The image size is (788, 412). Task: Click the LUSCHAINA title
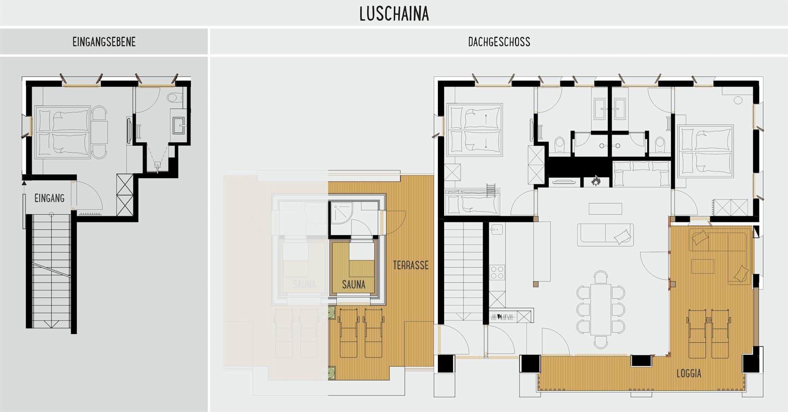(x=394, y=14)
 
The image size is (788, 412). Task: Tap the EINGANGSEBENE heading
(x=104, y=42)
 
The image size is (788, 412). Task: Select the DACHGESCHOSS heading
(x=499, y=42)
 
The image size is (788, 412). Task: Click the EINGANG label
(x=49, y=198)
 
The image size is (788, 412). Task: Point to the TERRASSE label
(x=410, y=265)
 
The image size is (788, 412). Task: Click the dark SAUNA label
(x=353, y=284)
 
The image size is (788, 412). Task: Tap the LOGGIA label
(x=689, y=373)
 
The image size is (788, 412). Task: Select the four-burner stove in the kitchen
(x=497, y=272)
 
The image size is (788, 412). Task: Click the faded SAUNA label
(x=304, y=284)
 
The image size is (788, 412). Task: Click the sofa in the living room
(x=605, y=235)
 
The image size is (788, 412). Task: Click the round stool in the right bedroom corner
(x=738, y=100)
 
